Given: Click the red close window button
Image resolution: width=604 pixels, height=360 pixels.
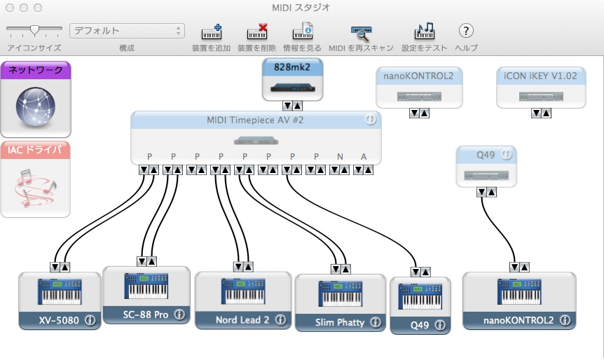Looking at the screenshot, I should coord(9,8).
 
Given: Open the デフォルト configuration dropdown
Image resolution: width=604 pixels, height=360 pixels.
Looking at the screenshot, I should coord(127,31).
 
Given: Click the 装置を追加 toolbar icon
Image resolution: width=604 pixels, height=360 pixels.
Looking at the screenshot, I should coord(211,32).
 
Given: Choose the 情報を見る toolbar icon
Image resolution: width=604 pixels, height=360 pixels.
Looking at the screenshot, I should coord(302,32).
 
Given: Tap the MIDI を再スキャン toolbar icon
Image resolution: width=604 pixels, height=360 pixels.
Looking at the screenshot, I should coord(360,32).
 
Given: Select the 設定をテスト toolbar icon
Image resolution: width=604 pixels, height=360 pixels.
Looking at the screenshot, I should coord(424,32).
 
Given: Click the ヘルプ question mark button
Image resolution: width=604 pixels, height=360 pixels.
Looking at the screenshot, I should coord(466,31).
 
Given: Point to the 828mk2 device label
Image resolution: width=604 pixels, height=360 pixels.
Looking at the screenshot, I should coord(291,67).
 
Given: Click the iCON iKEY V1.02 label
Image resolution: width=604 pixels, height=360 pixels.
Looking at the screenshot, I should coord(540,76).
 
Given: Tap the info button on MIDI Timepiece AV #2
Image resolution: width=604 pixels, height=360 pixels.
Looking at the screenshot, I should coord(371,120).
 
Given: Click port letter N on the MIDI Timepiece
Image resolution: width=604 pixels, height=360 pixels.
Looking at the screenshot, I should coord(340,155).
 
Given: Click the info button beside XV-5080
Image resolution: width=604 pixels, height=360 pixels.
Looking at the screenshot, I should coord(90,320).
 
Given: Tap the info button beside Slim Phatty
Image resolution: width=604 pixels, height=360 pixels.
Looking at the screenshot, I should coord(375,322).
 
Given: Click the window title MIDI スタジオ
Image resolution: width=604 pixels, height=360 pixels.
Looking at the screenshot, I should coord(301,8).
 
